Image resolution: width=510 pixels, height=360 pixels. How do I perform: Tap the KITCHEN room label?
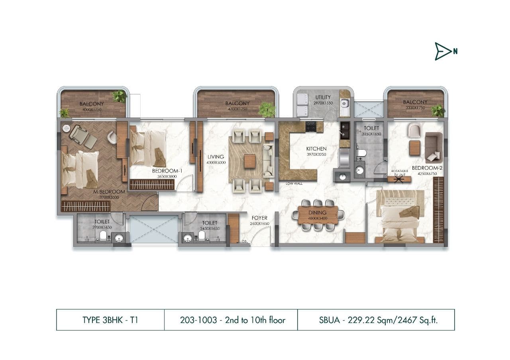coord(316,149)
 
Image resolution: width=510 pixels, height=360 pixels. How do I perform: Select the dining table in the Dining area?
coord(318,215)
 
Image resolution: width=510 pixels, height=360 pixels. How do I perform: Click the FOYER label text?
coord(259,218)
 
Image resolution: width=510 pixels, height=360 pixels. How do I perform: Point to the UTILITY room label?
coord(323,97)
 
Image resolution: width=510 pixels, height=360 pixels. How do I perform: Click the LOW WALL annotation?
coord(294,184)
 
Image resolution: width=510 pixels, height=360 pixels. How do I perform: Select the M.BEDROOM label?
coord(109,192)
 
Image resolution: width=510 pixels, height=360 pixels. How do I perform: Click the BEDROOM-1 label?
coord(167,171)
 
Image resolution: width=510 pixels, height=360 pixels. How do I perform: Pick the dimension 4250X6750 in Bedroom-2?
coord(427,173)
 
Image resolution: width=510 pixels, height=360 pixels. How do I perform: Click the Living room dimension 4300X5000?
coord(216,162)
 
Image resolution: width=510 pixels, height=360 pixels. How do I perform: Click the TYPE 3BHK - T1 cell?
coord(110,320)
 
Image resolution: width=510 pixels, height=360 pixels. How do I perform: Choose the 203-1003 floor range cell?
coord(231,320)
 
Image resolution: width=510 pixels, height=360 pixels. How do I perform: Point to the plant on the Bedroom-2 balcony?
coord(438,110)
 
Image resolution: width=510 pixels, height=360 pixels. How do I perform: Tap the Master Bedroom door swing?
coord(150,203)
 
